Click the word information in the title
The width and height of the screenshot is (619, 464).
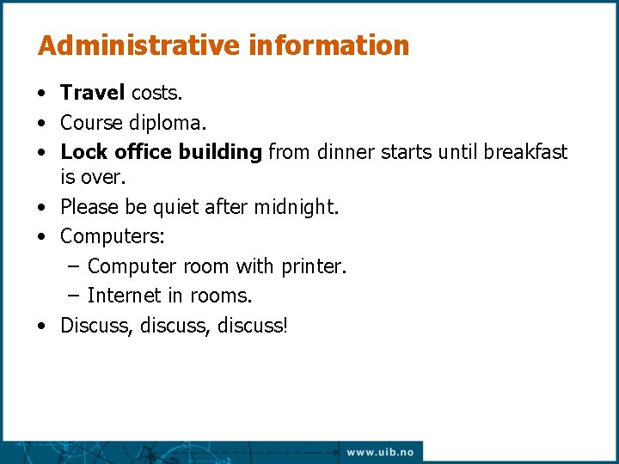(329, 46)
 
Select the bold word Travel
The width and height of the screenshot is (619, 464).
(93, 91)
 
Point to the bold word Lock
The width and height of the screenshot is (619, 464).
(83, 152)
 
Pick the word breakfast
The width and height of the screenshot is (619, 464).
(524, 152)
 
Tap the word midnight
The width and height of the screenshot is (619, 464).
(294, 207)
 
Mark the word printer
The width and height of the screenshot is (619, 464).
(313, 266)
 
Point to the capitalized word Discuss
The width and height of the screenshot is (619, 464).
(92, 326)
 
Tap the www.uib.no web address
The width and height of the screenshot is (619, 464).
(380, 452)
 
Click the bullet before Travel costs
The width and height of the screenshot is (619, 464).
(41, 92)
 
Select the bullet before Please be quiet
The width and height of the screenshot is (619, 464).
(41, 208)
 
